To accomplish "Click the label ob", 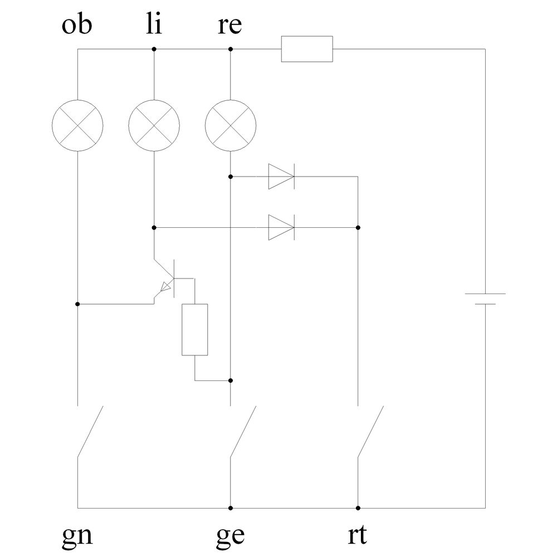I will [x=77, y=26].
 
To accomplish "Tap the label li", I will [x=154, y=26].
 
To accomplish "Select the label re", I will [x=230, y=26].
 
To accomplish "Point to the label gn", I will [x=77, y=536].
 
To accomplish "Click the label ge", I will [x=230, y=536].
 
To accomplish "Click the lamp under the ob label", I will [x=77, y=125].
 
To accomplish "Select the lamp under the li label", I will [x=154, y=125].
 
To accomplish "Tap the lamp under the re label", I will [x=231, y=125].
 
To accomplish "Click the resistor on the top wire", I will [x=307, y=49].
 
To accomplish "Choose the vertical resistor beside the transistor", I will [x=195, y=330].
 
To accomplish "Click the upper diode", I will [x=281, y=177].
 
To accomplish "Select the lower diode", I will [x=281, y=227].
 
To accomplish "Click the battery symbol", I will [x=485, y=299].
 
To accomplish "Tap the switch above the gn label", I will [x=89, y=432].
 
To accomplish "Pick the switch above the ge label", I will [x=242, y=432].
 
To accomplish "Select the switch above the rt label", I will [x=370, y=432].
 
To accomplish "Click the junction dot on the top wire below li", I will [x=154, y=49].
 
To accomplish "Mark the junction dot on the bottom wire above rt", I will [x=358, y=508].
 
